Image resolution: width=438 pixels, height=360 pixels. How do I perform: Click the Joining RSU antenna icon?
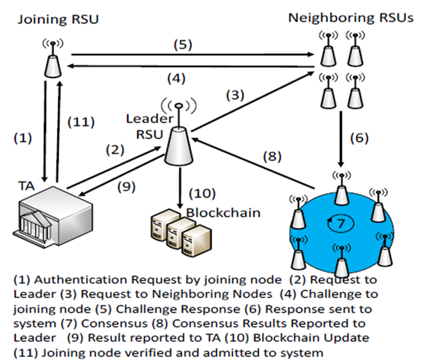coord(53,58)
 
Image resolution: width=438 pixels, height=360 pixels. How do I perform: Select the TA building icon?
coord(53,216)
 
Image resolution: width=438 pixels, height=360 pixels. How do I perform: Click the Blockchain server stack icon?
coord(181,232)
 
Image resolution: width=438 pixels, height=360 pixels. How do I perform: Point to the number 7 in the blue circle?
coord(341,223)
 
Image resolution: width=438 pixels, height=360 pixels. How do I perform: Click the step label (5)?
coord(183,44)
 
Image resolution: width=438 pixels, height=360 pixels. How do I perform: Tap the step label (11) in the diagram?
coord(81,122)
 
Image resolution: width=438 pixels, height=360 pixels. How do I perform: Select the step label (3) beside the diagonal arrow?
coord(235,95)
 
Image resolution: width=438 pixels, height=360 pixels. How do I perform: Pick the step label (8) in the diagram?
coord(272,156)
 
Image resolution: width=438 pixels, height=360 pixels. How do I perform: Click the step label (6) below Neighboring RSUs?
coord(359,138)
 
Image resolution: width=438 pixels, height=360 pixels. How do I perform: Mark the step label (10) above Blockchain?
coord(202,193)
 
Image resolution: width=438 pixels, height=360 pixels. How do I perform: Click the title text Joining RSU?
coord(58,19)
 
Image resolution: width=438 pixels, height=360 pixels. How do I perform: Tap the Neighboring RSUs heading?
coord(350,18)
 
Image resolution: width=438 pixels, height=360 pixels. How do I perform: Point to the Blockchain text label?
coord(223,213)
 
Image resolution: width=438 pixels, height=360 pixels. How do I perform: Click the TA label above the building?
coord(27,186)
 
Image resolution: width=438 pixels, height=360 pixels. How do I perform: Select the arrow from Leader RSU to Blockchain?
coord(180,188)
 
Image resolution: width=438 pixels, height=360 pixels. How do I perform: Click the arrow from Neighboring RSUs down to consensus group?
coord(341,139)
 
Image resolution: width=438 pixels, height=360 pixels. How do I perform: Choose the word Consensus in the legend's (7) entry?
coord(114,324)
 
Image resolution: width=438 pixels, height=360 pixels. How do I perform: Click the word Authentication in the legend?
coord(81,280)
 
